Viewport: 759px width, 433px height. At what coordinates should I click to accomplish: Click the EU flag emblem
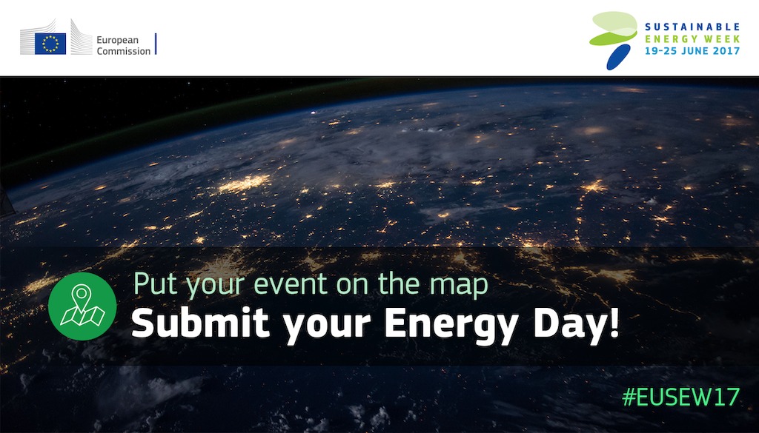click(x=50, y=44)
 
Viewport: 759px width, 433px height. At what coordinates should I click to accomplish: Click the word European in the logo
click(x=118, y=41)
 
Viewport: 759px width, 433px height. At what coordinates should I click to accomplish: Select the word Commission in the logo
click(x=124, y=51)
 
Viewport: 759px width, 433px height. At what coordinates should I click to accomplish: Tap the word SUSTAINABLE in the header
click(x=692, y=27)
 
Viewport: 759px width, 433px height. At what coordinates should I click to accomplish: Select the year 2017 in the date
click(x=725, y=51)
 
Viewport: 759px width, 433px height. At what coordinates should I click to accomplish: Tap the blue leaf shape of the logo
click(x=618, y=56)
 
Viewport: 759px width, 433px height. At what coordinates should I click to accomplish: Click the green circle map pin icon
click(x=82, y=306)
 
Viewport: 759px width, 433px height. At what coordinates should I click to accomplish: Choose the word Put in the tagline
click(x=148, y=284)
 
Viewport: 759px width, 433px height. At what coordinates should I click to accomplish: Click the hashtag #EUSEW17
click(x=680, y=397)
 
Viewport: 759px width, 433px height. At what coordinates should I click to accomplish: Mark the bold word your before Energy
click(x=327, y=327)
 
